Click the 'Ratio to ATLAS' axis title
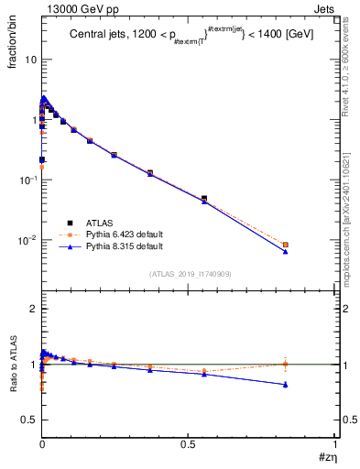[13, 390]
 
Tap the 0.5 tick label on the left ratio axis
[29, 420]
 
